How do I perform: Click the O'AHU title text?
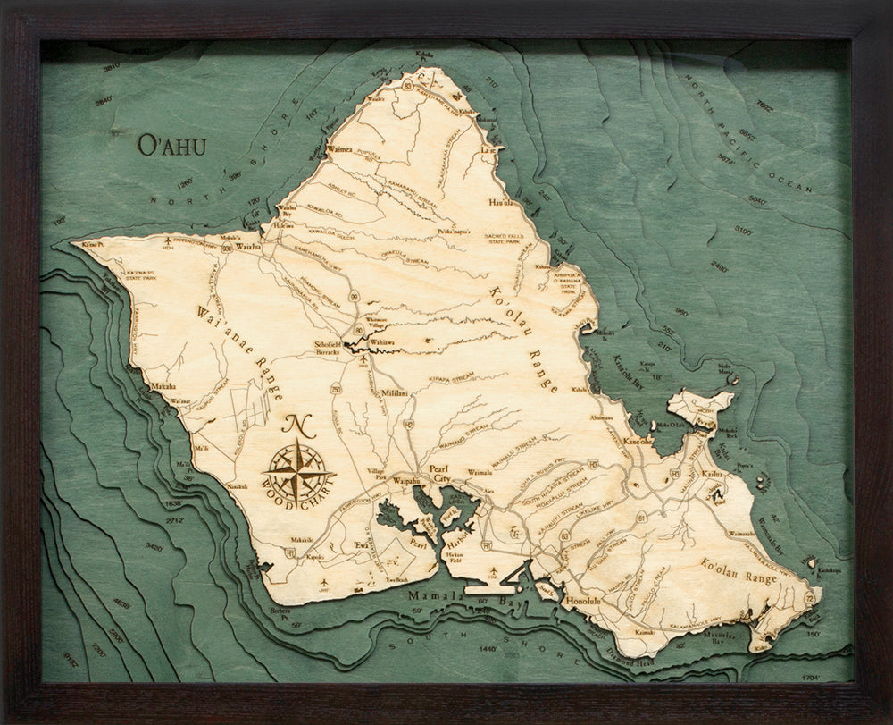(171, 146)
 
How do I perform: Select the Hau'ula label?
(502, 203)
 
